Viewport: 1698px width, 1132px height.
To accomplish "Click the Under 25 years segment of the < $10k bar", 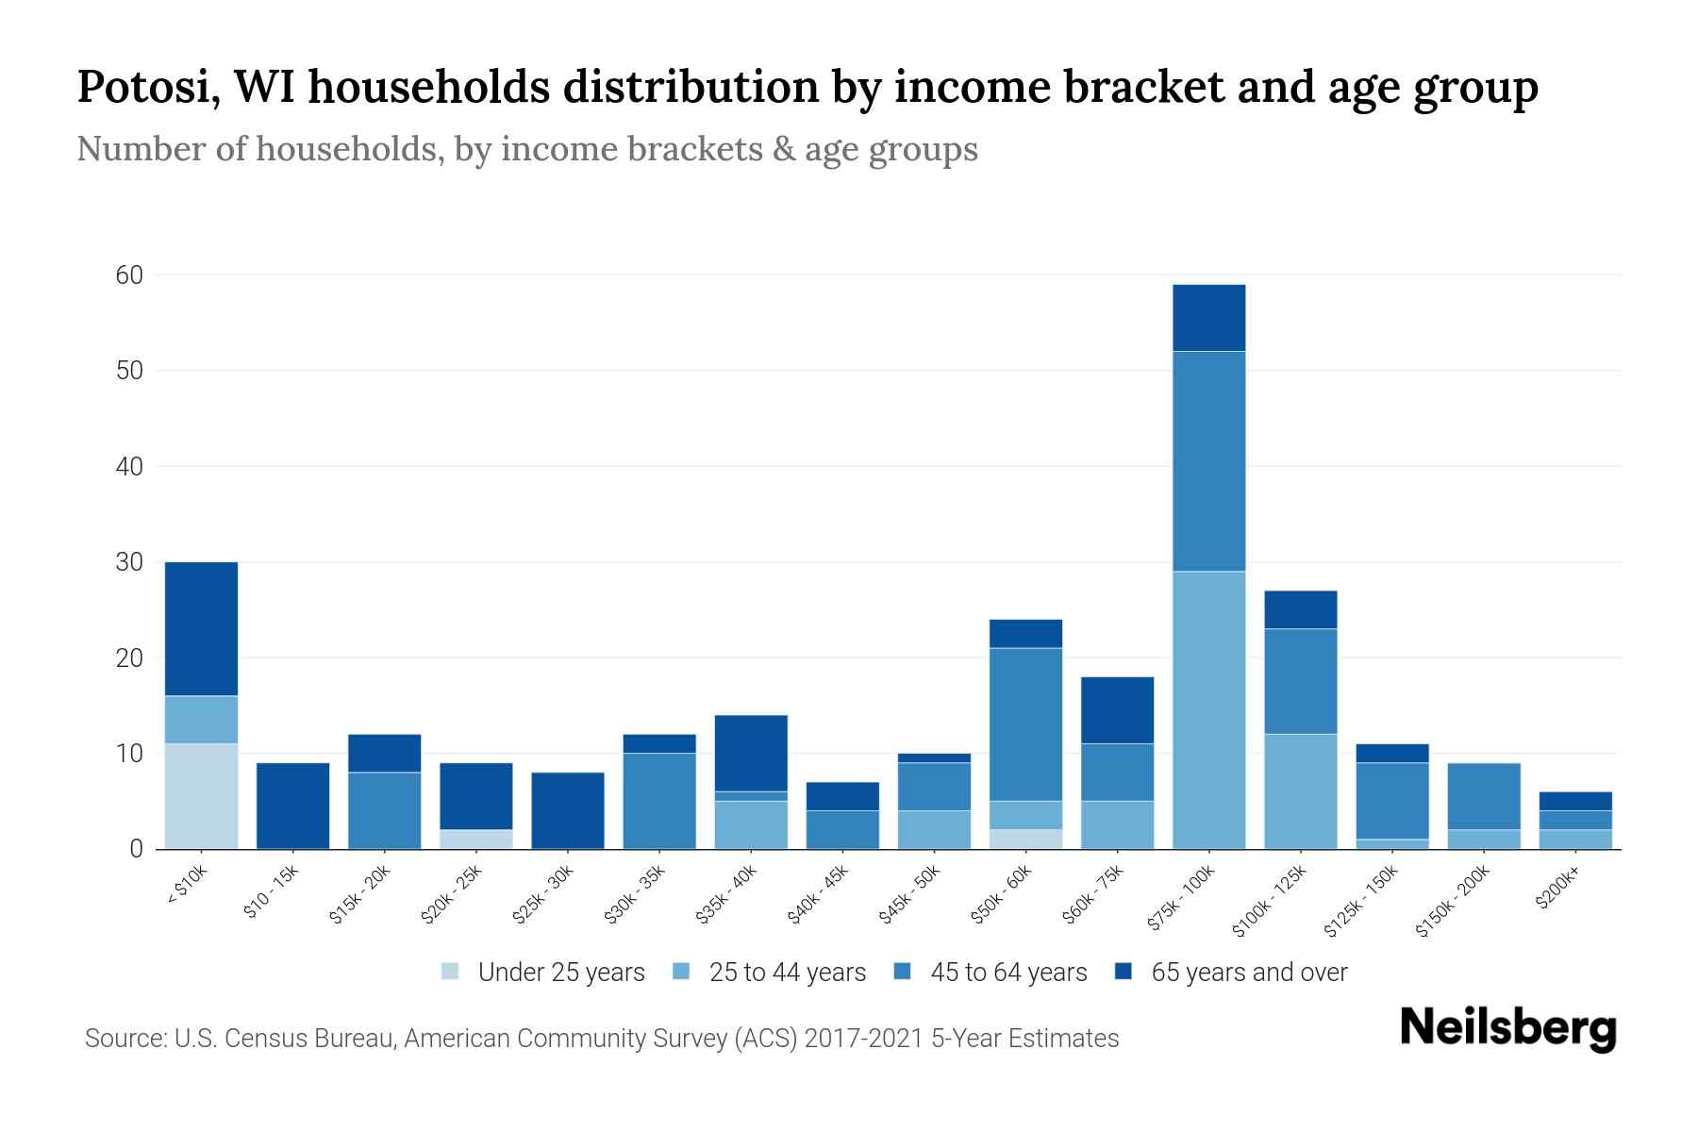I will coord(201,796).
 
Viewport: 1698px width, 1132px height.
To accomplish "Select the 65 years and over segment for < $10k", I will coord(201,628).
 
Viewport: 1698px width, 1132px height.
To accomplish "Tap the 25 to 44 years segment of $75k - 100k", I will coord(1208,709).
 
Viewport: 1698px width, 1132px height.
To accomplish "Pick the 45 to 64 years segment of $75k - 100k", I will coord(1208,460).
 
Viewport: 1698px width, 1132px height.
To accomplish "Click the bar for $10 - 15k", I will coord(292,806).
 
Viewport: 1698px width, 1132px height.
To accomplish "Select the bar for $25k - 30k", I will coord(568,810).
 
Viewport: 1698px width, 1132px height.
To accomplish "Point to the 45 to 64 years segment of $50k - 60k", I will coord(1025,724).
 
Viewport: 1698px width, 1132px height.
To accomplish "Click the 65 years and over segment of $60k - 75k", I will coord(1117,709).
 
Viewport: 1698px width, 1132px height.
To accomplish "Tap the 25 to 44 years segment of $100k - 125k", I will coord(1300,791).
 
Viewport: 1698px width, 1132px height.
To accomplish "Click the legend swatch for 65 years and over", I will coord(1124,972).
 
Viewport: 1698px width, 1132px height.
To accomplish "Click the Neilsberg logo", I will coord(1507,1027).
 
